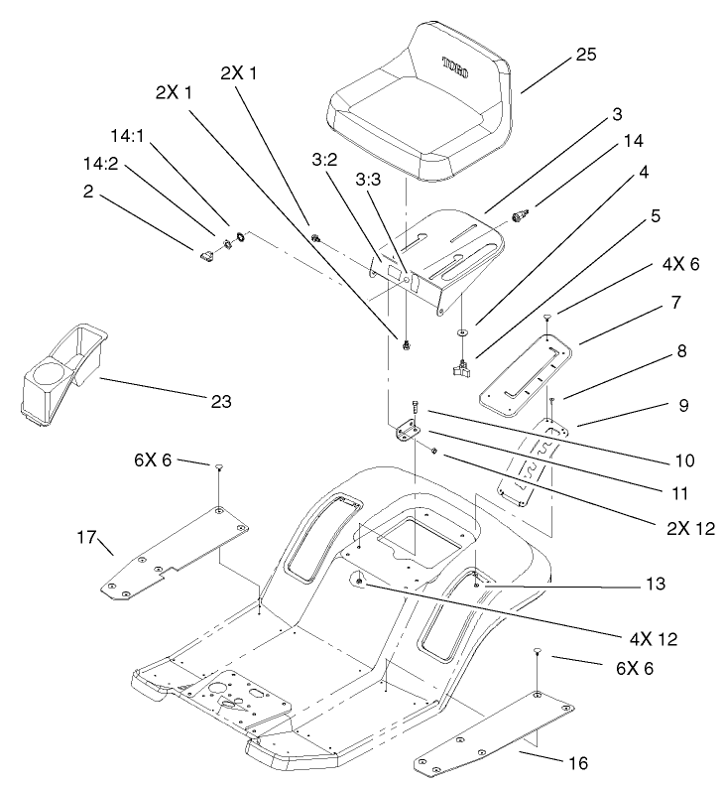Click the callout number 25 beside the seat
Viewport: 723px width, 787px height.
coord(586,57)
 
